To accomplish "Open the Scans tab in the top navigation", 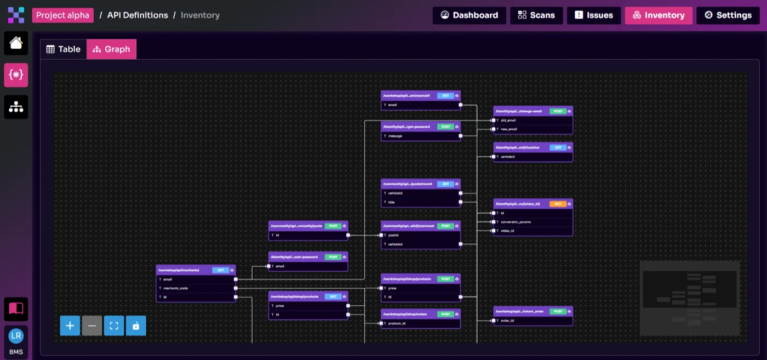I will pyautogui.click(x=536, y=15).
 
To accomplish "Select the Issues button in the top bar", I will pyautogui.click(x=593, y=15).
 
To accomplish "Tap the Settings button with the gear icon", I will pyautogui.click(x=728, y=15).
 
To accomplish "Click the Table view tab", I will pyautogui.click(x=64, y=49).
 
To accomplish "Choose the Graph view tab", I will pyautogui.click(x=111, y=49).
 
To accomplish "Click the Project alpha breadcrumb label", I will pyautogui.click(x=62, y=15).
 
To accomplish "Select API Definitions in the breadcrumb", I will pyautogui.click(x=138, y=15).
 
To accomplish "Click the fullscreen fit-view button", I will pyautogui.click(x=114, y=326).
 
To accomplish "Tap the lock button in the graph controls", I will pyautogui.click(x=136, y=326).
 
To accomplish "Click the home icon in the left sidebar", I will pyautogui.click(x=16, y=43).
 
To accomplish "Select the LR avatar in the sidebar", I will pyautogui.click(x=16, y=336).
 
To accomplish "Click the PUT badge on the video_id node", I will pyautogui.click(x=558, y=204).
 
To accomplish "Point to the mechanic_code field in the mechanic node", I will pyautogui.click(x=176, y=288).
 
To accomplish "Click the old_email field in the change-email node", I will pyautogui.click(x=508, y=121).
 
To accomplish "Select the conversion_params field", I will pyautogui.click(x=516, y=222).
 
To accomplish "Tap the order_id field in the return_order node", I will pyautogui.click(x=507, y=321).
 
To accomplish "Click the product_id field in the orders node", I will pyautogui.click(x=397, y=323).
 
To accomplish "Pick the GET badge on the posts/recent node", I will pyautogui.click(x=445, y=184).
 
